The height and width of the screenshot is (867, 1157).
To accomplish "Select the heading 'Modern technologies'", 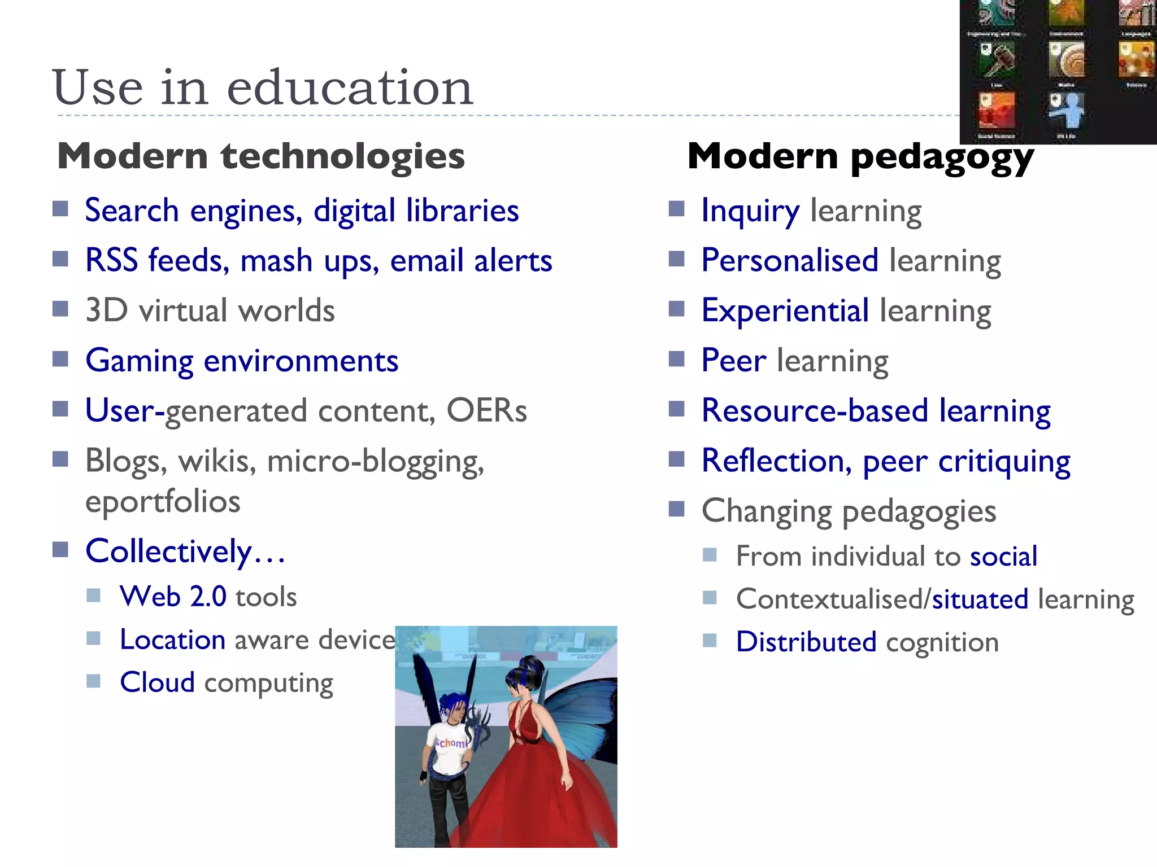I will coord(261,156).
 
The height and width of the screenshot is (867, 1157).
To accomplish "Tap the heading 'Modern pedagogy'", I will coord(860,156).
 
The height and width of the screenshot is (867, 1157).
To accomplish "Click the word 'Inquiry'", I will coord(750,211).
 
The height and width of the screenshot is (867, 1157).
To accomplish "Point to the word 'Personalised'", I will coord(790,261).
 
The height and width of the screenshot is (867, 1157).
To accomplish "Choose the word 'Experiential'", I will coord(785,310).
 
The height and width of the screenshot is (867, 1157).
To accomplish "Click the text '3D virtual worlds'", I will coord(210,310).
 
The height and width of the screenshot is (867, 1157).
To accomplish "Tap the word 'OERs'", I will coord(486,410).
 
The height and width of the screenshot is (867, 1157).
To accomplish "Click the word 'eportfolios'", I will coord(163,501).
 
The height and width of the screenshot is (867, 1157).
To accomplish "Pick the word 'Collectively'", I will coord(168,551).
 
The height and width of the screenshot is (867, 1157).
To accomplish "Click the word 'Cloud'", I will coord(157,682).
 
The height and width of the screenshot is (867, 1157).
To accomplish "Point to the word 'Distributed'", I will coord(806,642).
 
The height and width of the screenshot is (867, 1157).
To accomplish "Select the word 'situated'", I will coord(980,599).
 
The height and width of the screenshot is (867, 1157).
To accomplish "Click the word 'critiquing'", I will coord(1004,461).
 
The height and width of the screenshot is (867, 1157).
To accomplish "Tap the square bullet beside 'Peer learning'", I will coord(676,359).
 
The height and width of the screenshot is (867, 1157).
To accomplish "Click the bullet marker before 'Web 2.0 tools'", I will coord(94,595).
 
